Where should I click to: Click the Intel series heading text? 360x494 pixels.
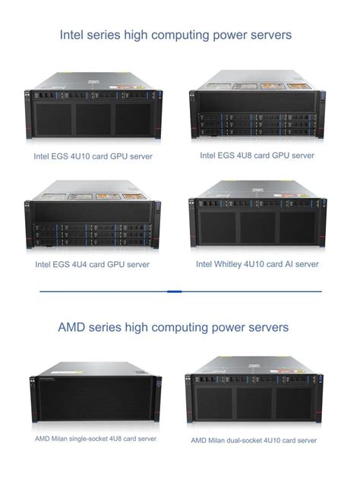[175, 35]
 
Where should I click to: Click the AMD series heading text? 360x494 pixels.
[173, 327]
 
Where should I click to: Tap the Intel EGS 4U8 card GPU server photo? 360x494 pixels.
[258, 106]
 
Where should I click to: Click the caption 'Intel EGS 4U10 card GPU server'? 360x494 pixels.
[93, 156]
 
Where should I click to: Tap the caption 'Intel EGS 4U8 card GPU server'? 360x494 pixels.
[257, 155]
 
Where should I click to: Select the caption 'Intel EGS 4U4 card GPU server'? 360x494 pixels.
[92, 265]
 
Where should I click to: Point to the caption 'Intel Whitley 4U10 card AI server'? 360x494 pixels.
[257, 264]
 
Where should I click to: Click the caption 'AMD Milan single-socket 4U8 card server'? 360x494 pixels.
[96, 439]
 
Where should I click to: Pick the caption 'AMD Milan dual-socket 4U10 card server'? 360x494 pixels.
[254, 440]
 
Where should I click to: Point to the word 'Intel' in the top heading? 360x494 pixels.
[73, 35]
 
